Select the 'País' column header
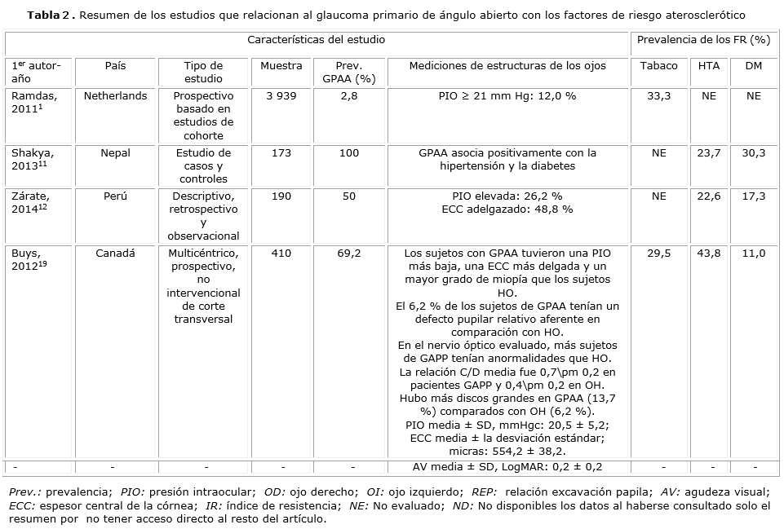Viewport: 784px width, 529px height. click(x=116, y=66)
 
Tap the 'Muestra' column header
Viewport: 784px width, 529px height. click(x=281, y=66)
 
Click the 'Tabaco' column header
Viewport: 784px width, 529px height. click(x=658, y=66)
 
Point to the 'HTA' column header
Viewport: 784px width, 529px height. click(x=709, y=66)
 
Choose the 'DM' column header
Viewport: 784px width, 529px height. click(x=754, y=66)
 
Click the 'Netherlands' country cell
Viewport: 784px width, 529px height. click(x=116, y=96)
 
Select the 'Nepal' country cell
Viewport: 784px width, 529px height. click(x=116, y=153)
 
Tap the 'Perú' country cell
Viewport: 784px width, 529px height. click(x=116, y=196)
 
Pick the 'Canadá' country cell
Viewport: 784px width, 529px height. click(x=116, y=253)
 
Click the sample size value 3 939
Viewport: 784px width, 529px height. click(x=281, y=96)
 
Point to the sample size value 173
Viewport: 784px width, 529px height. click(x=281, y=153)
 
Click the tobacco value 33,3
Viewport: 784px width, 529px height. click(x=658, y=96)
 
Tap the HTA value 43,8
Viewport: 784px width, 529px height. click(x=709, y=253)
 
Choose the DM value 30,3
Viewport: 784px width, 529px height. click(x=754, y=153)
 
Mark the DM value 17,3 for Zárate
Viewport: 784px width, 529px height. click(x=754, y=196)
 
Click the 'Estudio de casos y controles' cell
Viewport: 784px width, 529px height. click(x=203, y=165)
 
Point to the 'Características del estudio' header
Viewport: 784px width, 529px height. click(x=317, y=39)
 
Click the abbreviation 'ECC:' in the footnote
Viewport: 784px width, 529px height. click(x=20, y=505)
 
